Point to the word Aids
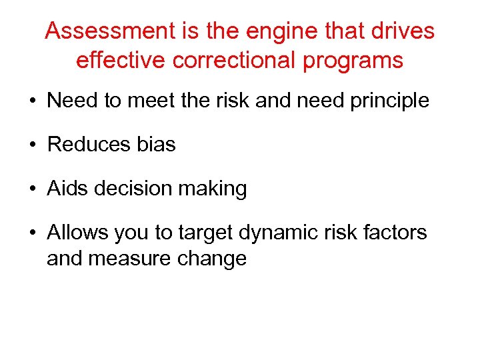point(68,189)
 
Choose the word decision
point(132,189)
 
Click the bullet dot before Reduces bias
point(32,145)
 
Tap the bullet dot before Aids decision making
point(32,189)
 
